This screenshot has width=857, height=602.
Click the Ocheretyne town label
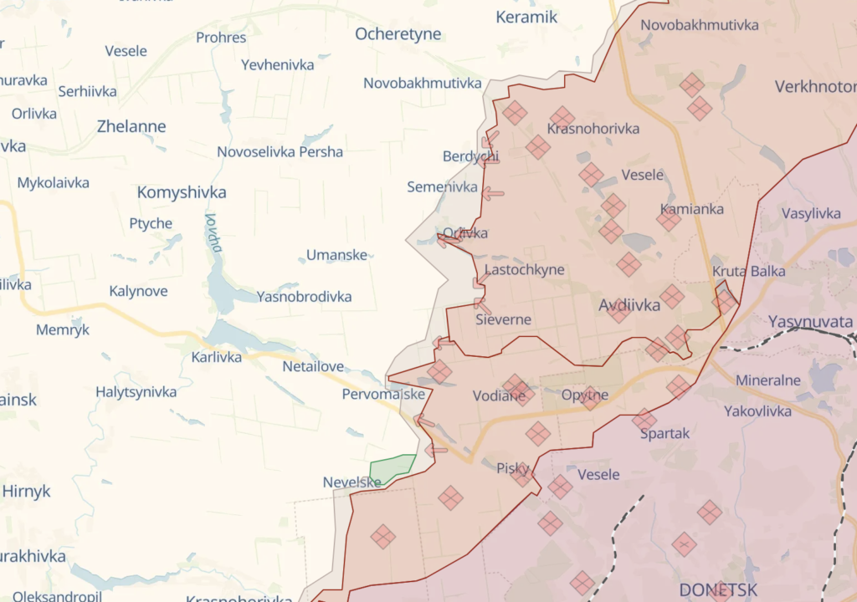pyautogui.click(x=398, y=34)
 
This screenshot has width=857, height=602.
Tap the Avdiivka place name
pyautogui.click(x=629, y=306)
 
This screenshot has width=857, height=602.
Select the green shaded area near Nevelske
pyautogui.click(x=392, y=468)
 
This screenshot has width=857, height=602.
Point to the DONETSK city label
pyautogui.click(x=718, y=589)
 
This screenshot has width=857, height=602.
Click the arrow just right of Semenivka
pyautogui.click(x=493, y=194)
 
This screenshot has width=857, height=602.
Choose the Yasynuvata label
pyautogui.click(x=809, y=322)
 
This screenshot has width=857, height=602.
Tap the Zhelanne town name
pyautogui.click(x=131, y=127)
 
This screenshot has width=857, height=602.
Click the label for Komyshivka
pyautogui.click(x=182, y=192)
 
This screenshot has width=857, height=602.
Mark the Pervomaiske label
pyautogui.click(x=383, y=394)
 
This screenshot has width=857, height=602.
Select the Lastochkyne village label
pyautogui.click(x=524, y=270)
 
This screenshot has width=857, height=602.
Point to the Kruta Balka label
pyautogui.click(x=749, y=271)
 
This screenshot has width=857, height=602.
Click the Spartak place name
pyautogui.click(x=665, y=433)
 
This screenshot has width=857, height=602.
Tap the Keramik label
pyautogui.click(x=526, y=17)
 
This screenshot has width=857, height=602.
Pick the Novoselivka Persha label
pyautogui.click(x=280, y=152)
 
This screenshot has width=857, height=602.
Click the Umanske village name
pyautogui.click(x=336, y=255)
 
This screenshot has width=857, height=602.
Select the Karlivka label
pyautogui.click(x=216, y=357)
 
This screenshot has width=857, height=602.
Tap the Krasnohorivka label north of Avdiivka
pyautogui.click(x=593, y=129)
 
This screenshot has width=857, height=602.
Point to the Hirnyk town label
pyautogui.click(x=26, y=492)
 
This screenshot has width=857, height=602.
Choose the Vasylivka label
pyautogui.click(x=811, y=213)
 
